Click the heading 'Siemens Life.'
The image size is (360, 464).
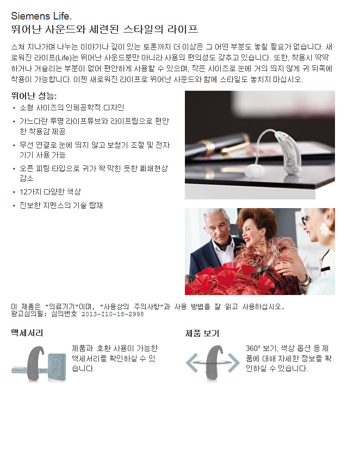pos(41,16)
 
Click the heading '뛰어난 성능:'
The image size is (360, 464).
pos(34,96)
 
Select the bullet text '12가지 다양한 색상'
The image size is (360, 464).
pos(51,192)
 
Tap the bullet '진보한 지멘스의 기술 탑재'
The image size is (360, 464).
pos(61,205)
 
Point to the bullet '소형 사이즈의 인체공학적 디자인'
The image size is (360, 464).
pos(72,108)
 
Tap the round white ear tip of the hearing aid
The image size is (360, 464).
pos(255,171)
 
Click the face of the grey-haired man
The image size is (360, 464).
pos(216,227)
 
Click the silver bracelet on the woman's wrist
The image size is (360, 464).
pos(306,280)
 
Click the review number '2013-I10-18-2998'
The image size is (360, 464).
pos(113,314)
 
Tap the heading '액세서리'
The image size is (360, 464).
pos(27,333)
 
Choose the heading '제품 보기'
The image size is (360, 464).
pos(202,334)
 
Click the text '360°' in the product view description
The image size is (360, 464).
pos(253,348)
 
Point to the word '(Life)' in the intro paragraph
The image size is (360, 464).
pos(64,58)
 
